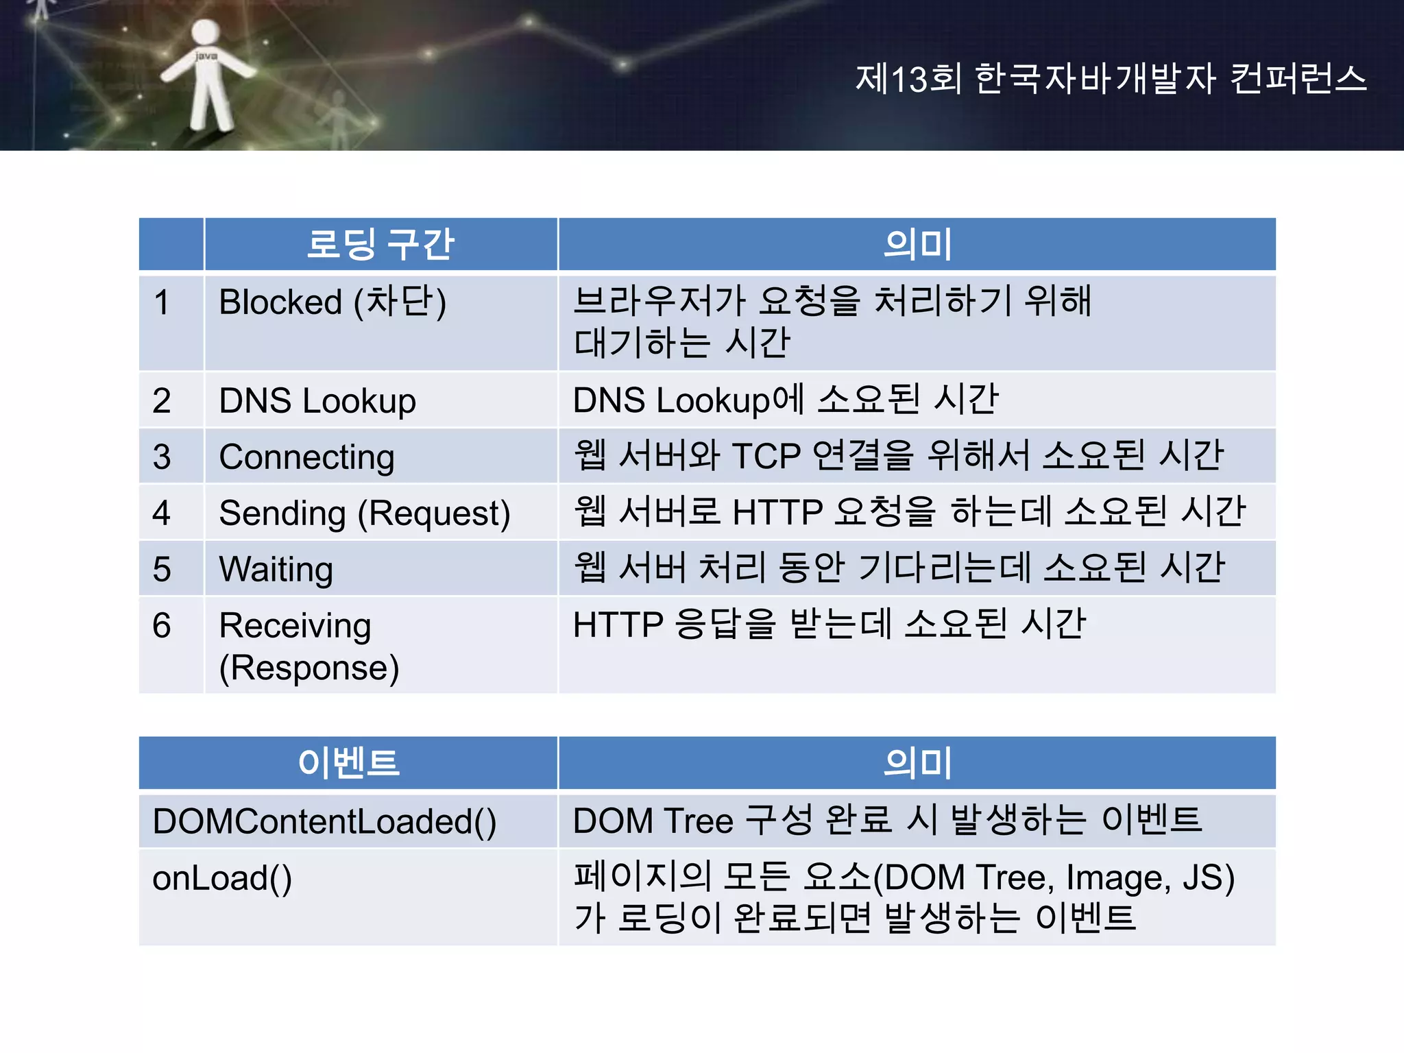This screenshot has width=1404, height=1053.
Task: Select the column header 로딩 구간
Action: (x=380, y=244)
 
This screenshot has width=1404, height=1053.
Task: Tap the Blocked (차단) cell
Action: (x=332, y=302)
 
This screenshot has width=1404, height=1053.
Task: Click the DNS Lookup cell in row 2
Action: (x=317, y=400)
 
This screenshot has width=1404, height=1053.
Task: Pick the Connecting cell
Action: (x=306, y=457)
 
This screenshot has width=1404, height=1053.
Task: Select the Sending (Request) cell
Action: (x=365, y=513)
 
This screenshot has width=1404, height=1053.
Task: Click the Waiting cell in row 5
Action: (x=276, y=569)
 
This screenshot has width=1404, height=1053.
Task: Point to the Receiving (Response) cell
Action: (x=308, y=646)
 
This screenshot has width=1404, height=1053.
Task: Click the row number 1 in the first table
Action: (x=162, y=302)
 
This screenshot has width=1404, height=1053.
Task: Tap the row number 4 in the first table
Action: (x=162, y=513)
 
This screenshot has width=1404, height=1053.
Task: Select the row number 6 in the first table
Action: (x=162, y=625)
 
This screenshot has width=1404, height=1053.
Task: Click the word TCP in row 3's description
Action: (x=766, y=456)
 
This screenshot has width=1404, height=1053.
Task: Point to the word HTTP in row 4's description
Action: (x=777, y=512)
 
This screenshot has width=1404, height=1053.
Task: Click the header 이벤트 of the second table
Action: (x=348, y=762)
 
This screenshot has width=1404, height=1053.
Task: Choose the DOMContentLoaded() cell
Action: (x=324, y=821)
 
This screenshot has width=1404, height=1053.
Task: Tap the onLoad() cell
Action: (x=222, y=878)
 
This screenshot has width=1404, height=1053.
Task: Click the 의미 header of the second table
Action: (x=917, y=762)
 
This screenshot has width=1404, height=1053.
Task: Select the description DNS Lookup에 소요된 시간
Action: (x=785, y=400)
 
